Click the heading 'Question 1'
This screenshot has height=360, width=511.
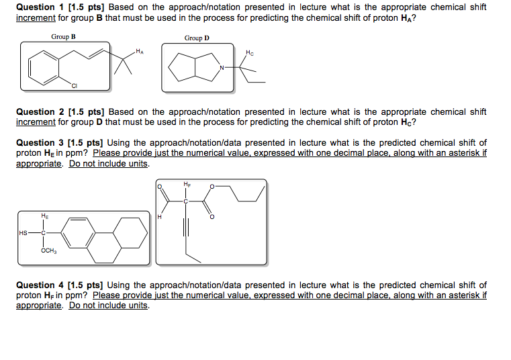tap(40, 7)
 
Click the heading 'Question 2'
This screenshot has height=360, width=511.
tap(40, 112)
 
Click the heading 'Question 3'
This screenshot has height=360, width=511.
tap(40, 143)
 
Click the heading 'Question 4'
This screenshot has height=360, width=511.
tap(40, 285)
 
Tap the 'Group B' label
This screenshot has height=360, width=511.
tap(63, 36)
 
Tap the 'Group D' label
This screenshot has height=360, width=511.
tap(197, 38)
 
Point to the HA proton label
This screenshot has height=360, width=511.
tap(139, 50)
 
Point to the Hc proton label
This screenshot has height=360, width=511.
tap(250, 52)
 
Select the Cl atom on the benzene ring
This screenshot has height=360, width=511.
tap(75, 85)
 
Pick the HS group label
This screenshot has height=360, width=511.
tap(24, 233)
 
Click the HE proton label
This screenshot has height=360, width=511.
tap(44, 216)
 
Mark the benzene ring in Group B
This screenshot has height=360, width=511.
tap(40, 65)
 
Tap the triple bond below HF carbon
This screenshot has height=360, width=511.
tap(187, 231)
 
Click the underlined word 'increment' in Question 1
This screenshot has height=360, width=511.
tap(34, 17)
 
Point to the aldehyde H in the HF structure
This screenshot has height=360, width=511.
tap(160, 216)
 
